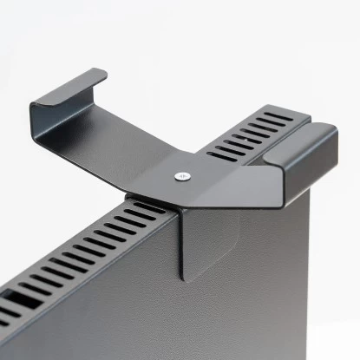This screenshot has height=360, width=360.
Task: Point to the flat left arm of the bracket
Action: coord(121,143)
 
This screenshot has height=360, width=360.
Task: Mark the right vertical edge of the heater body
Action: coord(309,260)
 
